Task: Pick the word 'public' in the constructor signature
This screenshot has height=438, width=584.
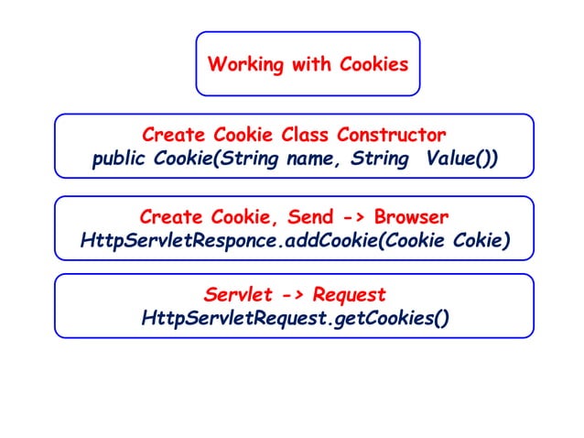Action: coord(118,159)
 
